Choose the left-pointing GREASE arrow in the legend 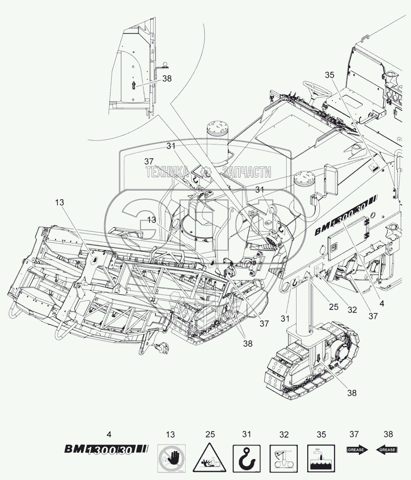[387, 450]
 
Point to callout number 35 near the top [330, 75]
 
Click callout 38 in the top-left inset [167, 78]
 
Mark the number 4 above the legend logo [110, 434]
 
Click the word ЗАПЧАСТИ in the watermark [247, 171]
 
